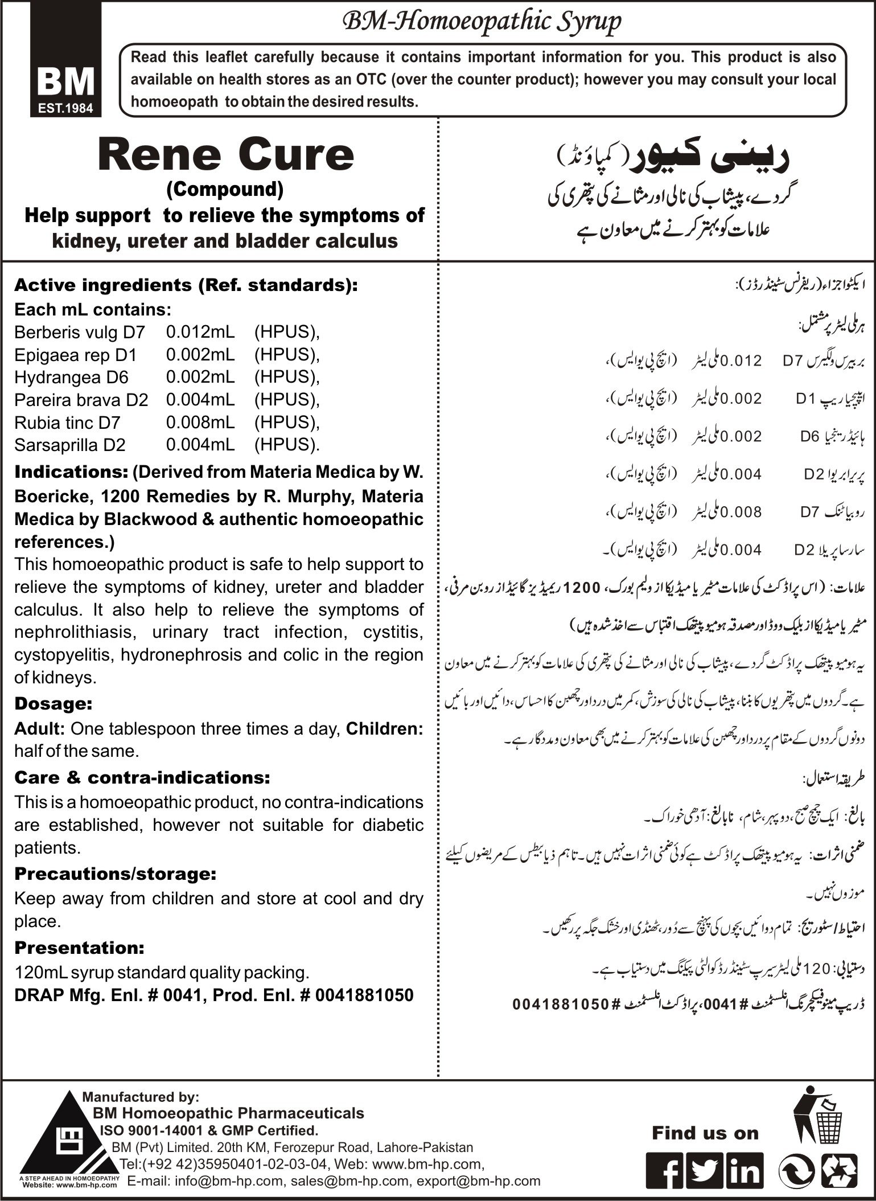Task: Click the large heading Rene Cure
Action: [x=225, y=155]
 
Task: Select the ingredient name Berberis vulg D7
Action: [x=80, y=332]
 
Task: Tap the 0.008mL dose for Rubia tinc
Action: [x=200, y=423]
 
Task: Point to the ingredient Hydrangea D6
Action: [x=71, y=377]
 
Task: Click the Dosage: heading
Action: [x=53, y=703]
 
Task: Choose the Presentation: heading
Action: [x=79, y=948]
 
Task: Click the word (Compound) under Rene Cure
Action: [x=225, y=190]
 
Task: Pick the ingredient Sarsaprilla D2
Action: [x=69, y=445]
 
